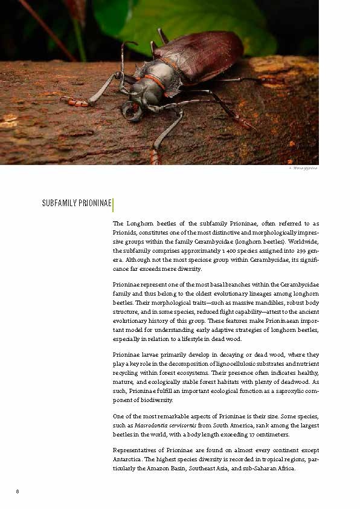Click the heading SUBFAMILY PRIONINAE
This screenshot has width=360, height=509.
(x=76, y=203)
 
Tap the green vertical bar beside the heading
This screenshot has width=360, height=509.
(x=113, y=203)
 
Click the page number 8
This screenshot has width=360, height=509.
(x=18, y=491)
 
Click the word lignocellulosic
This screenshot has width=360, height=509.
(x=241, y=363)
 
